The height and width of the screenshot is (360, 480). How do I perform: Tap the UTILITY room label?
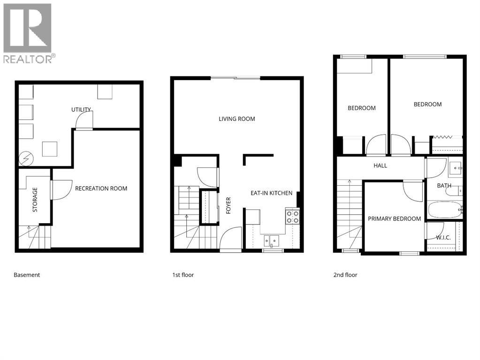(81, 110)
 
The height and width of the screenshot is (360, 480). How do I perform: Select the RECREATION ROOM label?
(101, 188)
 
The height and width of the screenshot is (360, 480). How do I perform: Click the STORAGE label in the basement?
(35, 200)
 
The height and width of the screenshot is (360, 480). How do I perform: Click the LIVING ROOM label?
(237, 119)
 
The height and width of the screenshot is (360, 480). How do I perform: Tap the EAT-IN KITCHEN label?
(271, 193)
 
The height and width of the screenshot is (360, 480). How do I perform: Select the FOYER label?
(229, 205)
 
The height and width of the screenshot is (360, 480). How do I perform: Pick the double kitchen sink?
(271, 241)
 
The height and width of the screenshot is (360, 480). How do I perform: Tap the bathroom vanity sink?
(456, 167)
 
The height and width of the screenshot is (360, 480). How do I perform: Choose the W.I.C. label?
(443, 238)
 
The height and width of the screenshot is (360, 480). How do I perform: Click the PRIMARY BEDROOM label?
(394, 218)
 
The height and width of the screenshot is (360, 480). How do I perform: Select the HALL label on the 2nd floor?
(380, 165)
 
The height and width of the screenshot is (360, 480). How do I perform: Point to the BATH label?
(444, 186)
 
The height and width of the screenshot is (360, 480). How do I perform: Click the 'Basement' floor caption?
(27, 275)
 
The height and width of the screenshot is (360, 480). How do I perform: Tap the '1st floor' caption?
(183, 275)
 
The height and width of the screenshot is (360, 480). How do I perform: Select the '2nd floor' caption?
(345, 275)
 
